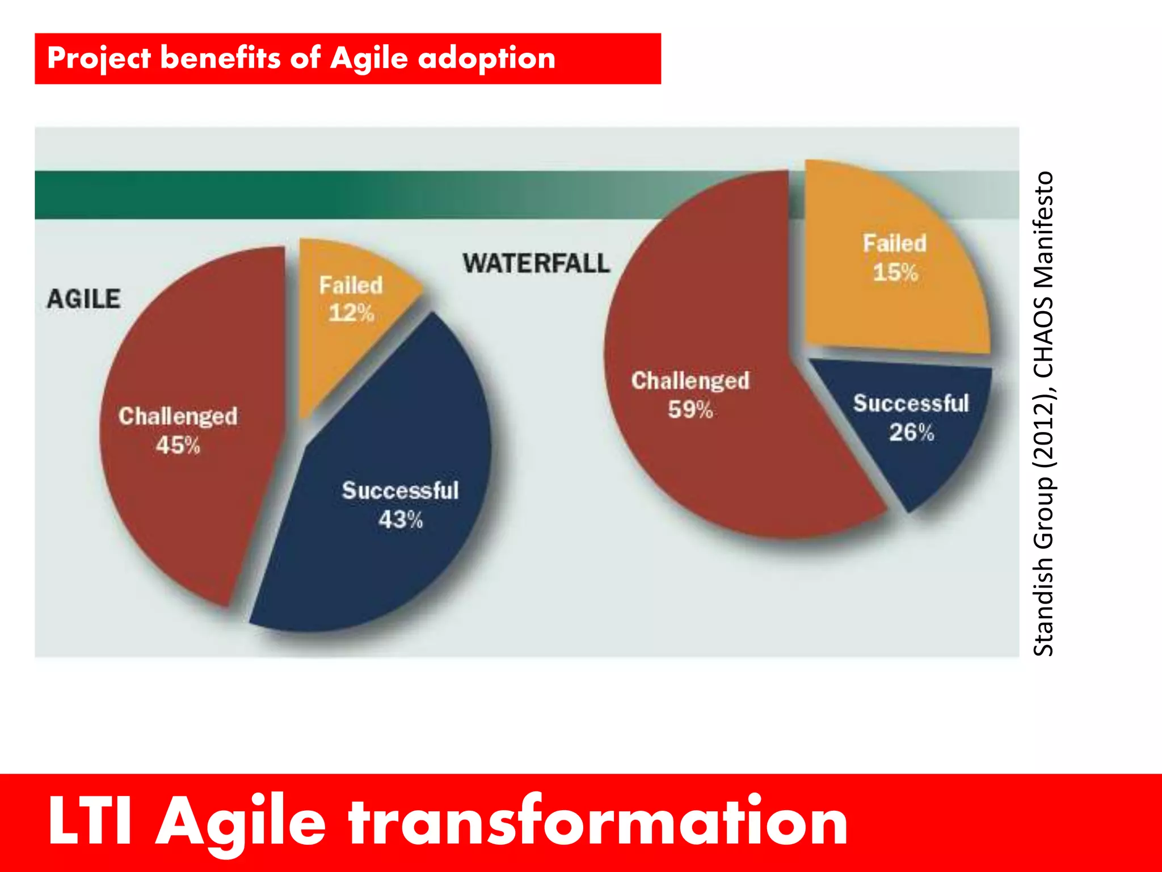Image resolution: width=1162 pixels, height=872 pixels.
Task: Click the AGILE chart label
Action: pos(83,299)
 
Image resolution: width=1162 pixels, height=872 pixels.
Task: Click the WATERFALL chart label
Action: pos(536,263)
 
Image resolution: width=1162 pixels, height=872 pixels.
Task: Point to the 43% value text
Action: pos(401,520)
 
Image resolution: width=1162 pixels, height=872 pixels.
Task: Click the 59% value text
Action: pos(690,410)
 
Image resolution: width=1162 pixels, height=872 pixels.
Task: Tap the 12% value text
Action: pos(351,313)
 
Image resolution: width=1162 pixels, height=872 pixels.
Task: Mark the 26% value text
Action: pos(911,433)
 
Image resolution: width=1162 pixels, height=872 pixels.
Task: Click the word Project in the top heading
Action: pos(99,59)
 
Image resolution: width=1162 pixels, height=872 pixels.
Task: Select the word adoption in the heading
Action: pos(487,59)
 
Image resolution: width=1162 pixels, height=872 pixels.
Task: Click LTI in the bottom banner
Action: pos(90,821)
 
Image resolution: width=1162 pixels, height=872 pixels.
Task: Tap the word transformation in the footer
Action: pos(598,821)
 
